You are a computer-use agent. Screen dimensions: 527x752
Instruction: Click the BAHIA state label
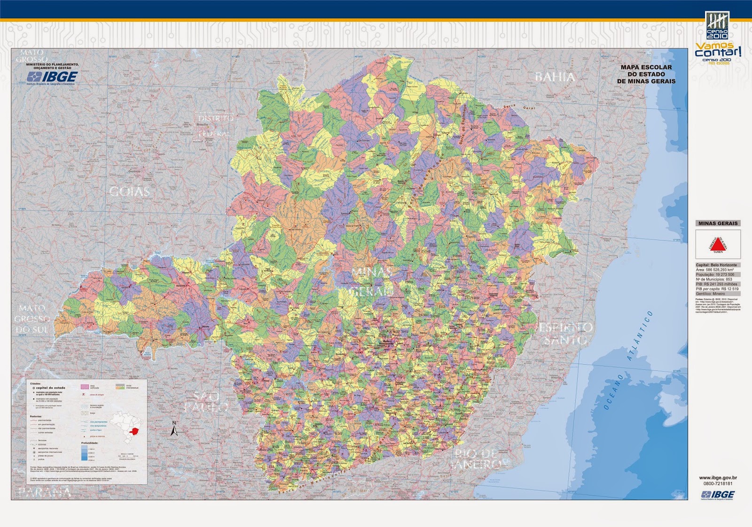555,77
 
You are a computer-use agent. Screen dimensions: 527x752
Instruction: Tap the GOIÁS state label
129,192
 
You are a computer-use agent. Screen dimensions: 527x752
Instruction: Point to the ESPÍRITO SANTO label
565,333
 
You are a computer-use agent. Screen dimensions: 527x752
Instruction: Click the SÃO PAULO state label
206,401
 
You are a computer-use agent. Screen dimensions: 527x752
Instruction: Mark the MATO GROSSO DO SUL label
32,319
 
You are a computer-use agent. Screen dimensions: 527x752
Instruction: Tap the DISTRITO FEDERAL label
216,126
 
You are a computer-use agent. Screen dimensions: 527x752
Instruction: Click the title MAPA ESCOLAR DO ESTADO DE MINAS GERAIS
646,74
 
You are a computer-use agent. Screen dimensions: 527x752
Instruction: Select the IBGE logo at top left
52,77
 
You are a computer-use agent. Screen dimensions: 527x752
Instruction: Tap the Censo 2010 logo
717,25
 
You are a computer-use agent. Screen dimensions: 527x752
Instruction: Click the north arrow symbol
174,429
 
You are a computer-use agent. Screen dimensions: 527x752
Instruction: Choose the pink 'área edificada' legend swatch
84,387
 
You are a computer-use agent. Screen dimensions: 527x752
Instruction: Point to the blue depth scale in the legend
84,452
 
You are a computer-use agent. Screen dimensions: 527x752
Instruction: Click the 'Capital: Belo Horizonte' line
717,265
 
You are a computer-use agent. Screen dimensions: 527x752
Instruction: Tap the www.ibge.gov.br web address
718,478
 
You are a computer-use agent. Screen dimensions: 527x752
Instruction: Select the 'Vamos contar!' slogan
718,50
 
